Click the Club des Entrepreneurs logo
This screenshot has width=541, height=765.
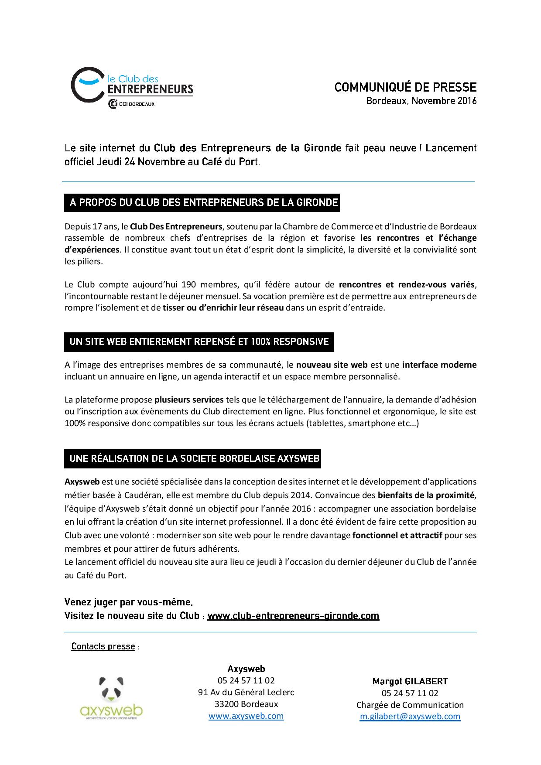(x=131, y=85)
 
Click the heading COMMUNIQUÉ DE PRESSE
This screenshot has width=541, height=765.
(x=405, y=87)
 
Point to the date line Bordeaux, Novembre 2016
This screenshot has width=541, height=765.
(x=421, y=101)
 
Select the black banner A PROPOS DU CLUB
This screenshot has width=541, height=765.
(x=202, y=202)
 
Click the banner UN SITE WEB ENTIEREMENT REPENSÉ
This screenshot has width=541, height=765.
(x=199, y=342)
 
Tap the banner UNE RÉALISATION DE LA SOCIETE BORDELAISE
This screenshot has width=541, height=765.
(x=192, y=458)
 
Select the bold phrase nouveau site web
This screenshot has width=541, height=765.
(x=332, y=365)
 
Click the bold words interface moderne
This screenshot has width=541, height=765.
(x=439, y=365)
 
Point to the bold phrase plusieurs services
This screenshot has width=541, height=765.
(x=189, y=400)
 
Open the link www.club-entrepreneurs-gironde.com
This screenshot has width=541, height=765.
(x=293, y=616)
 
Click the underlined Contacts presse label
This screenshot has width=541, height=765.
(x=103, y=646)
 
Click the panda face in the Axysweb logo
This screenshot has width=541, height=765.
(x=111, y=688)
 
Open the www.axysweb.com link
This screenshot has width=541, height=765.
(x=246, y=716)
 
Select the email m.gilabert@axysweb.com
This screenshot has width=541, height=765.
(x=410, y=716)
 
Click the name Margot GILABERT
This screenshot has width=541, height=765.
(x=410, y=681)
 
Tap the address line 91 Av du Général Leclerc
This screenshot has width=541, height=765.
(x=246, y=692)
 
